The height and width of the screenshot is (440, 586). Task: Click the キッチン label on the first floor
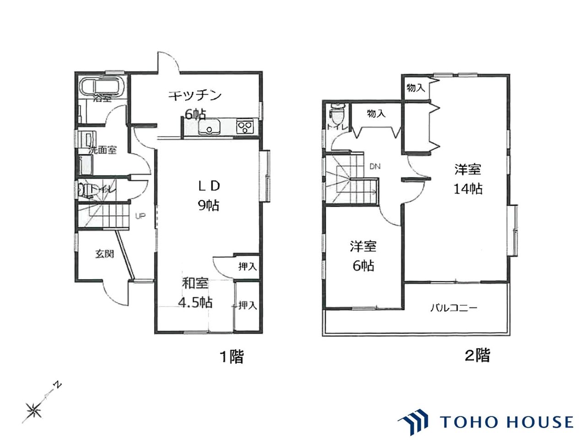click(195, 96)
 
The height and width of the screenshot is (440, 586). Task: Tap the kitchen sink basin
click(209, 126)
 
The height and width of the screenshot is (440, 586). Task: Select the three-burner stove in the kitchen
click(244, 126)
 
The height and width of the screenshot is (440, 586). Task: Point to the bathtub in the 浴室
click(102, 86)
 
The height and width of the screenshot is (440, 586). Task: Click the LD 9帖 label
click(209, 196)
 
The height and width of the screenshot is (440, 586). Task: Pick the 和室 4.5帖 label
click(195, 293)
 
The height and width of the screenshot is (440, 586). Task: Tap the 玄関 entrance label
click(105, 254)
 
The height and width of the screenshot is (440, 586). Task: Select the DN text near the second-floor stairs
click(375, 166)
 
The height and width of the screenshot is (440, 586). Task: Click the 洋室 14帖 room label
click(468, 179)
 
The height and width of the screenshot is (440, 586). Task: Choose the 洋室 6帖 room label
click(363, 256)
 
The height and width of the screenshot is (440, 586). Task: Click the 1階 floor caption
click(232, 357)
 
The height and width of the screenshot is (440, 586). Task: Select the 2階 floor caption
click(477, 356)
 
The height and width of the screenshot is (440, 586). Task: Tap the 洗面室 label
click(103, 150)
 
